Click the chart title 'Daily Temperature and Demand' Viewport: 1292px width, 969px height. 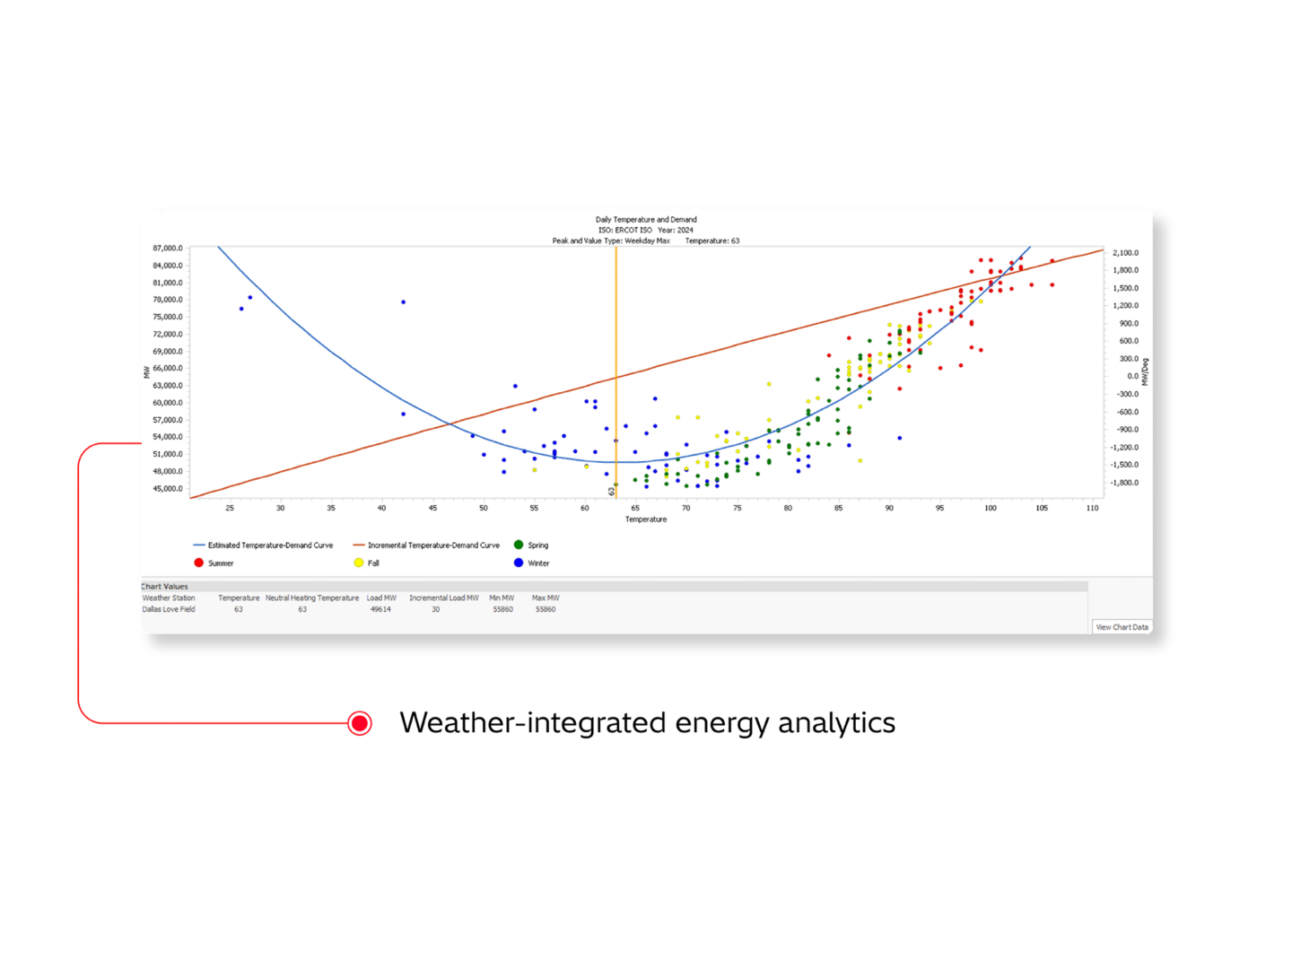tap(646, 219)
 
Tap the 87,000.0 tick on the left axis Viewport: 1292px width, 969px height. tap(168, 248)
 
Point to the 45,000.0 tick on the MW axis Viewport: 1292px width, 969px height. tap(168, 489)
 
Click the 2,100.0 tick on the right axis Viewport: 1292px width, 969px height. tap(1125, 253)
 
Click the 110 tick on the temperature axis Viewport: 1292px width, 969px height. tap(1092, 508)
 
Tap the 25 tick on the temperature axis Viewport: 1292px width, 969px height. tap(230, 508)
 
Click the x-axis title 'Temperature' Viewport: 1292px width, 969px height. tap(646, 519)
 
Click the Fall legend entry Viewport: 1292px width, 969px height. tap(367, 563)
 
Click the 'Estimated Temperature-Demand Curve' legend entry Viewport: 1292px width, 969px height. tap(264, 546)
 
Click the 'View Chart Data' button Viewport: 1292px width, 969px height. tap(1122, 627)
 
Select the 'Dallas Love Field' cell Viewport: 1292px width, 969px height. tap(169, 609)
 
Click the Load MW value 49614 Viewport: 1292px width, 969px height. tap(380, 609)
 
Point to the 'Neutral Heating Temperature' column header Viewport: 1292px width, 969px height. tap(311, 598)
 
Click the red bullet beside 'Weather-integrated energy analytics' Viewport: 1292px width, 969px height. tap(360, 723)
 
